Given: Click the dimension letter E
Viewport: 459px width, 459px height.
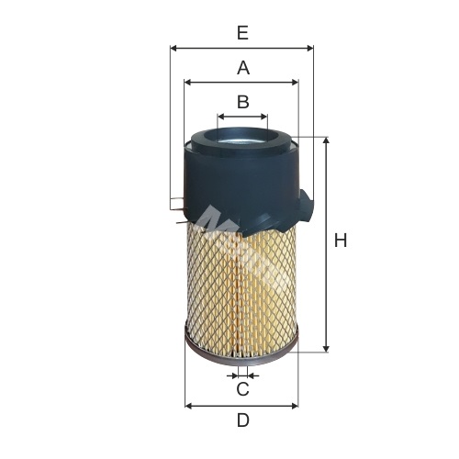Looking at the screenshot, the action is [x=242, y=33].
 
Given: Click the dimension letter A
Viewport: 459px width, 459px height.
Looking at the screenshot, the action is [x=243, y=68].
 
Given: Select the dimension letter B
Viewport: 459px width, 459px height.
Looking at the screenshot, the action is [x=243, y=102].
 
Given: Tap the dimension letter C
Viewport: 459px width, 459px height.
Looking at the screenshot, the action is [x=243, y=389].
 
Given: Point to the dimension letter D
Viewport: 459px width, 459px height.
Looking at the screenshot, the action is [x=243, y=420].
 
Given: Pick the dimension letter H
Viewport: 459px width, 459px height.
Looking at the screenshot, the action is [x=341, y=240].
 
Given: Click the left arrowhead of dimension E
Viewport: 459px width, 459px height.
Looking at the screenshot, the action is [x=174, y=48].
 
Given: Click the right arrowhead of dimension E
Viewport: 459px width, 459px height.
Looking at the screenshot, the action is [x=310, y=48].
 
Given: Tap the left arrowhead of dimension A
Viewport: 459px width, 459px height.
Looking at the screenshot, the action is [x=188, y=82].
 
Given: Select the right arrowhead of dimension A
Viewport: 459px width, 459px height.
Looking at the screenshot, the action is [x=295, y=82].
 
